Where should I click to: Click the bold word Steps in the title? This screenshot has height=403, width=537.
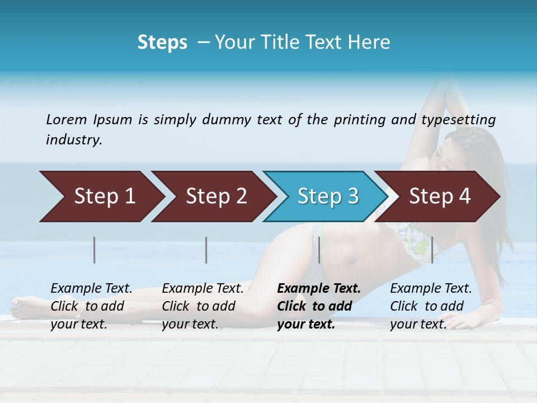click(162, 43)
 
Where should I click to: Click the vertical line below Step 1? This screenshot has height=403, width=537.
click(95, 250)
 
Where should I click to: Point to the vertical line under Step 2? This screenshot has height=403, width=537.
click(206, 250)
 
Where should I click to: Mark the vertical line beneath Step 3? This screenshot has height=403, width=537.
click(319, 250)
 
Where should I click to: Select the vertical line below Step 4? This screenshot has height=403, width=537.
click(432, 250)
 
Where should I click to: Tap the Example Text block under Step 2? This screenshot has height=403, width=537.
click(203, 306)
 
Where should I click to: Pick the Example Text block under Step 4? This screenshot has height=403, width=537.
click(431, 306)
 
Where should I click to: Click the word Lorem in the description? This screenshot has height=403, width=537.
click(67, 119)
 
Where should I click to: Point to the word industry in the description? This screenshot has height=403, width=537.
click(74, 140)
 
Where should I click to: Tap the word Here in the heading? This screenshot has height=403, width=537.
click(370, 43)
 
